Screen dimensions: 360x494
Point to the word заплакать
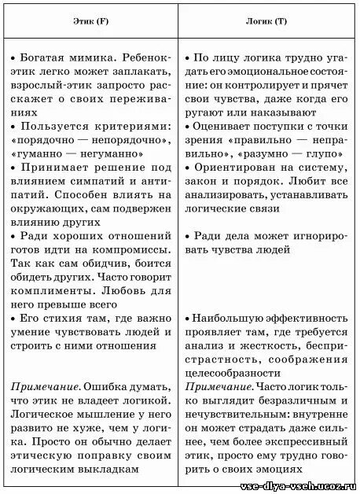point(141,73)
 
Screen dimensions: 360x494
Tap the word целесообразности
point(233,373)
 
